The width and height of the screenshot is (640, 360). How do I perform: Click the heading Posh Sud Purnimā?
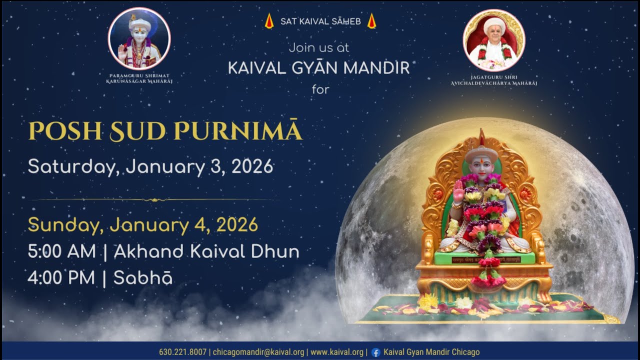[x=165, y=131]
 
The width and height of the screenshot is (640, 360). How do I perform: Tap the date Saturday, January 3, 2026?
[x=150, y=166]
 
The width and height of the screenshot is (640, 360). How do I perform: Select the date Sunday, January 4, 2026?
[x=143, y=224]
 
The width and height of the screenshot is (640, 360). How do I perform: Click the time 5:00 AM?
[x=61, y=251]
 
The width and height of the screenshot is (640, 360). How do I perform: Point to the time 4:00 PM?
[x=61, y=278]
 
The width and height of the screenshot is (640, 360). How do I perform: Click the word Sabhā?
[x=143, y=278]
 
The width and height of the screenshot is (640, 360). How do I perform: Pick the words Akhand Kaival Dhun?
[x=206, y=251]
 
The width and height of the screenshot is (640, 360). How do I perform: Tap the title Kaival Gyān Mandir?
[x=319, y=68]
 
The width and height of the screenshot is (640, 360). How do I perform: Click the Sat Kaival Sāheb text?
[x=320, y=21]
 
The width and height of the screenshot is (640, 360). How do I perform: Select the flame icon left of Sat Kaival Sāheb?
[x=269, y=21]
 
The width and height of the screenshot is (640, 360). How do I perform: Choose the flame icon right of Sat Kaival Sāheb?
[x=371, y=21]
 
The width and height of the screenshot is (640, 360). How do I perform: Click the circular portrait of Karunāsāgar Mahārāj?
[x=139, y=38]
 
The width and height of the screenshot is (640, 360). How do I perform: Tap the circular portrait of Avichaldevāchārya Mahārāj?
[x=494, y=40]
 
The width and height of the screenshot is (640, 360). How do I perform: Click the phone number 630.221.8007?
[x=182, y=352]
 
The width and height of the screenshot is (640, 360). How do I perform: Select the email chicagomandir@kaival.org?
[x=258, y=352]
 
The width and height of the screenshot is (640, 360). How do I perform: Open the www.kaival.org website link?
[x=337, y=352]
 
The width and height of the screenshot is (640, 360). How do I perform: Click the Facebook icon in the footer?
[x=375, y=352]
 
